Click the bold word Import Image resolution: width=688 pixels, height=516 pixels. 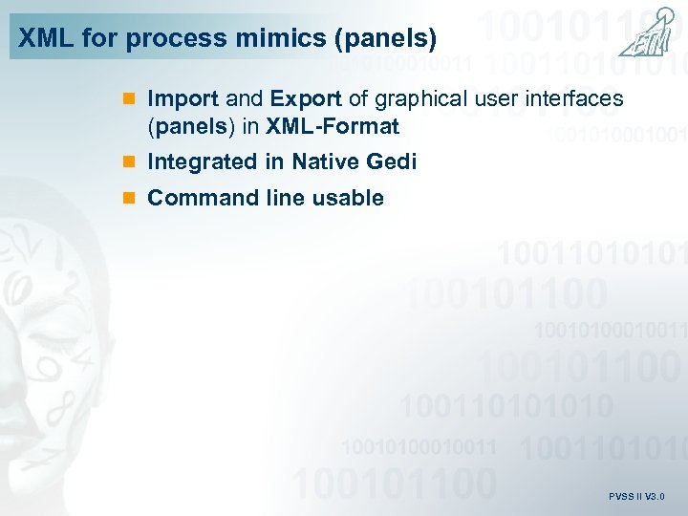pyautogui.click(x=183, y=99)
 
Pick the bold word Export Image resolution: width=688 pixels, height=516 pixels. pyautogui.click(x=304, y=99)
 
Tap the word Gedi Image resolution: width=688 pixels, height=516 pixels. pyautogui.click(x=394, y=162)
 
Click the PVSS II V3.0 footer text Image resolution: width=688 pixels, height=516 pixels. pyautogui.click(x=635, y=497)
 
